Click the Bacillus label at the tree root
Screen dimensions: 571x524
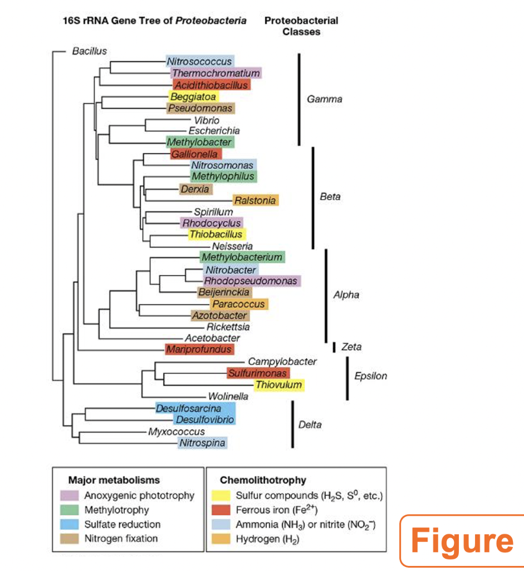[89, 51]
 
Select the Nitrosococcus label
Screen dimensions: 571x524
[200, 61]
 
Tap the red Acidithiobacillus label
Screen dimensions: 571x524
[211, 85]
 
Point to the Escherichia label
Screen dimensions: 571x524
[214, 130]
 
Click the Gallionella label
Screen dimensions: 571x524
[195, 153]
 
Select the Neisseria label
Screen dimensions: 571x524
[232, 246]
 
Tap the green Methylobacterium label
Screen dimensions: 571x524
[242, 257]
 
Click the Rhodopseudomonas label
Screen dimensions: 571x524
[251, 280]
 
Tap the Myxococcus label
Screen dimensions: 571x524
[177, 432]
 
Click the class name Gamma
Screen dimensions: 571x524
[325, 100]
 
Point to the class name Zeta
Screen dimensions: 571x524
[351, 347]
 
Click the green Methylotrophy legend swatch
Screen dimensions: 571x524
[70, 510]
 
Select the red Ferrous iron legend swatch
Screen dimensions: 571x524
[222, 510]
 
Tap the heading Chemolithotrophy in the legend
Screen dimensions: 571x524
[263, 480]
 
